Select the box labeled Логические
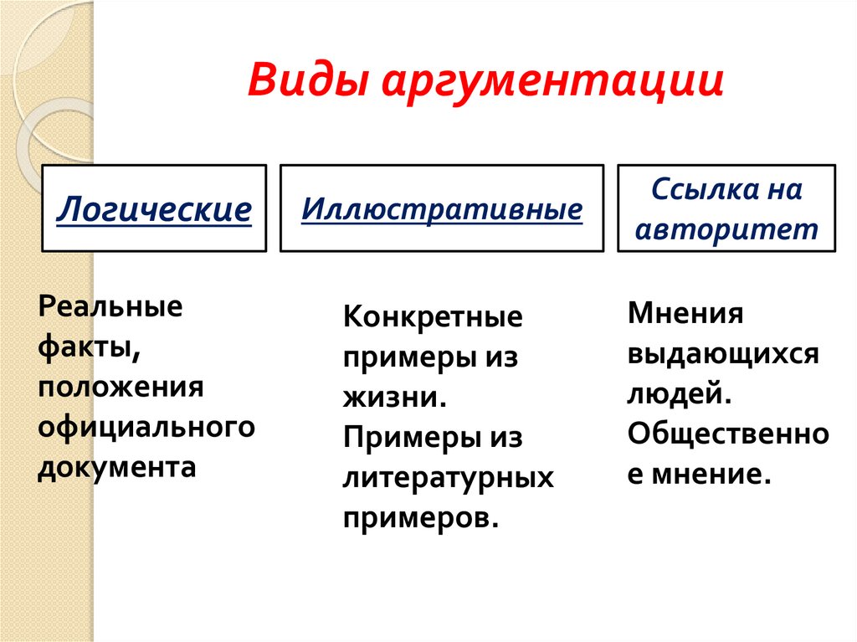(155, 208)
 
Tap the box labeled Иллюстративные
(441, 208)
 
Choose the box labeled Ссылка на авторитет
(726, 208)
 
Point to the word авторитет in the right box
(726, 229)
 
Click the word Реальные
(110, 306)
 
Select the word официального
(146, 426)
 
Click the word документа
(116, 465)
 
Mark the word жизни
(392, 397)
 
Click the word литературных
(448, 477)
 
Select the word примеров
(420, 516)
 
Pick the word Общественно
(727, 433)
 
